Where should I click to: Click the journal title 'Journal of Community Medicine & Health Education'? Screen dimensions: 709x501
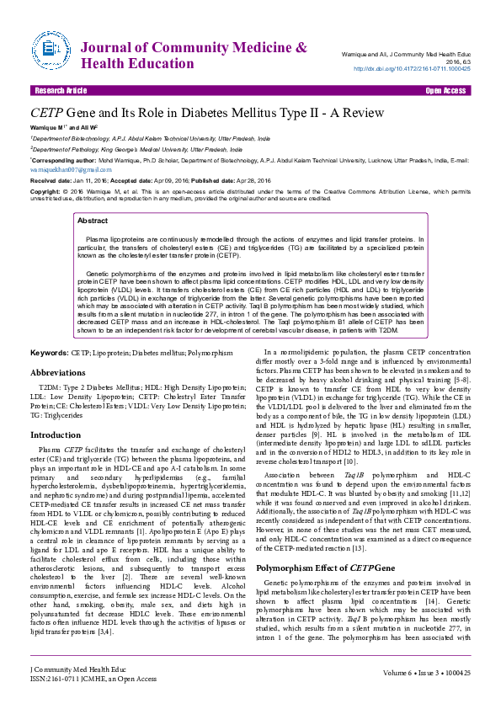pyautogui.click(x=195, y=55)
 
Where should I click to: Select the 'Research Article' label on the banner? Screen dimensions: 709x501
pyautogui.click(x=60, y=90)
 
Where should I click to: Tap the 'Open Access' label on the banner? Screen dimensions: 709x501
pyautogui.click(x=446, y=90)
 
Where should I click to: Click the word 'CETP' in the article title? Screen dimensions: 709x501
pyautogui.click(x=51, y=112)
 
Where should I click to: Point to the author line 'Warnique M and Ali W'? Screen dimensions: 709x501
pyautogui.click(x=59, y=128)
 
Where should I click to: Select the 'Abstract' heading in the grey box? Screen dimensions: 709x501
pyautogui.click(x=93, y=221)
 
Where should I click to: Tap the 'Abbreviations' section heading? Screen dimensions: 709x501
pyautogui.click(x=63, y=371)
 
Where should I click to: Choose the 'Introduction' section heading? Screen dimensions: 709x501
pyautogui.click(x=56, y=435)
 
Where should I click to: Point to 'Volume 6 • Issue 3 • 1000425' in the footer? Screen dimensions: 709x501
pyautogui.click(x=425, y=674)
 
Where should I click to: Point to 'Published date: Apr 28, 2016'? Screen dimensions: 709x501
pyautogui.click(x=242, y=180)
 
